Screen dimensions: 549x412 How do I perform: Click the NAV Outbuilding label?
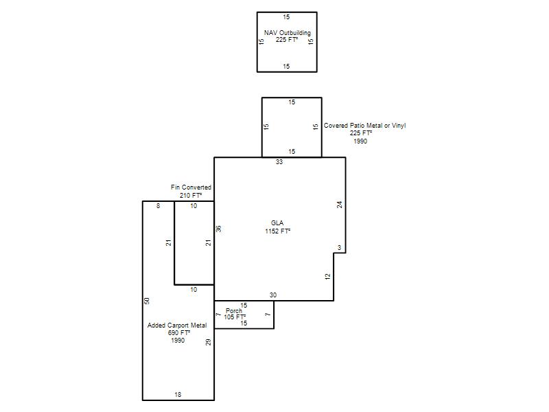(287, 32)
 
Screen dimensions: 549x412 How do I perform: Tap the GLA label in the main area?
(277, 222)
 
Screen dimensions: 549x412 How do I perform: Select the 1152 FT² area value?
(278, 231)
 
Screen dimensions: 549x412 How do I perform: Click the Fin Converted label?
(191, 187)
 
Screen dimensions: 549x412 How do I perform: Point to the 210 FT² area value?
(191, 195)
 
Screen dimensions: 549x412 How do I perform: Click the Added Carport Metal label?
(177, 325)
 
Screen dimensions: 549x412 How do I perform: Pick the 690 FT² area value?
(179, 332)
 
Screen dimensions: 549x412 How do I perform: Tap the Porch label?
(234, 311)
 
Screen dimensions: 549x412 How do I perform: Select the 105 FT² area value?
(235, 317)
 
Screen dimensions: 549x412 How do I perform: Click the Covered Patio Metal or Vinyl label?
(364, 125)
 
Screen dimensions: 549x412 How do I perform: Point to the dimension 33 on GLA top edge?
(279, 162)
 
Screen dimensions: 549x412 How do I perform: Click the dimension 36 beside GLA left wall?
(218, 229)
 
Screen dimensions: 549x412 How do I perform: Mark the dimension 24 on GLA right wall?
(339, 205)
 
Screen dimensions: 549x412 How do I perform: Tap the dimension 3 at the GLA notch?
(339, 248)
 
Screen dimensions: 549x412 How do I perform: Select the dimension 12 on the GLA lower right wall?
(328, 277)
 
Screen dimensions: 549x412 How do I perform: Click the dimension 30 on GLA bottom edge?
(273, 295)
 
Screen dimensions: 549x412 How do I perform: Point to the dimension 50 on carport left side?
(147, 301)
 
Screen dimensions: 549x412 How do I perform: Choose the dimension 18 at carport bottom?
(178, 394)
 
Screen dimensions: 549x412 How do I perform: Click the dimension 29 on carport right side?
(209, 342)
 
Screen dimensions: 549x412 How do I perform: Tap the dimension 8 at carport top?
(159, 205)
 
